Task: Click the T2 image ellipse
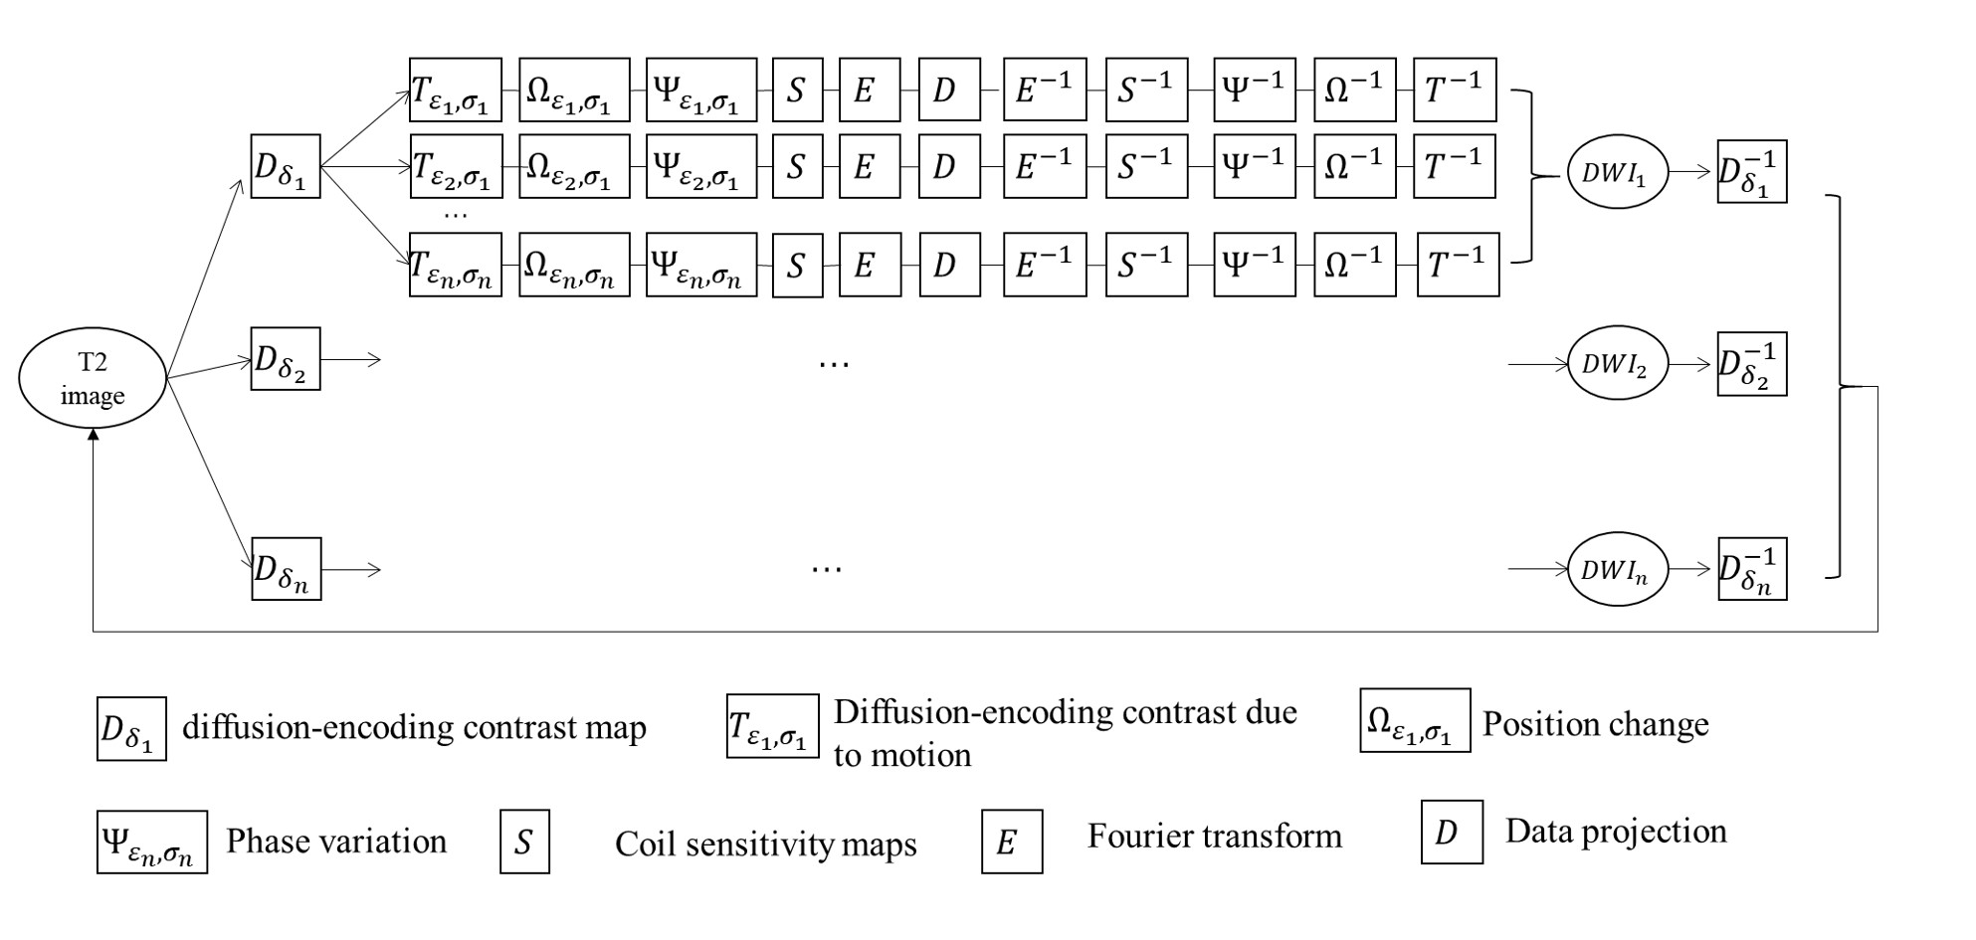93,379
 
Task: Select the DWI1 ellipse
1617,173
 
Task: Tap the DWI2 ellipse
1617,364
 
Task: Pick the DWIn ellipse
1617,569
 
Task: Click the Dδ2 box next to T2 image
286,359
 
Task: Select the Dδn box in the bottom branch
286,569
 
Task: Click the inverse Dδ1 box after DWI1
1751,172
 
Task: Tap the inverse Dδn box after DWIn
1752,569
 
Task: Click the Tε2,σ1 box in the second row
456,167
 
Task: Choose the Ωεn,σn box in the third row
574,265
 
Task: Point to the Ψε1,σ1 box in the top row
700,90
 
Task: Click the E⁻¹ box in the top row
1045,90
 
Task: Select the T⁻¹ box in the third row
1458,265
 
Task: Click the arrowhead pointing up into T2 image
93,436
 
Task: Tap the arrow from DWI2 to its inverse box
1691,365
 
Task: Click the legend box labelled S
524,843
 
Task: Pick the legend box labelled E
1012,842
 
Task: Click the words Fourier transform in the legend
1214,836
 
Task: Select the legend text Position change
1595,724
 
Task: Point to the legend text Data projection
1616,832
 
